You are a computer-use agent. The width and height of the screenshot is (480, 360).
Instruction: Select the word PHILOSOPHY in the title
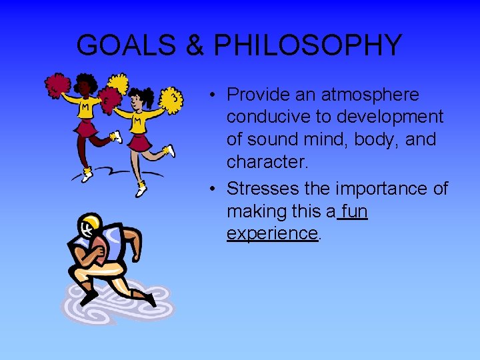click(308, 45)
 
